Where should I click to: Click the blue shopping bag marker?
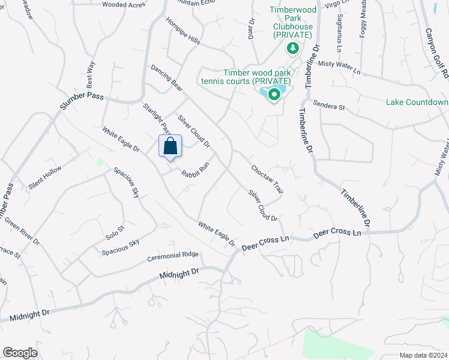coord(170,146)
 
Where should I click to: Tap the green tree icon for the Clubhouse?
coord(292,48)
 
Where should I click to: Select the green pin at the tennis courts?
coord(274,94)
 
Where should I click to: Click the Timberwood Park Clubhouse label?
coord(292,22)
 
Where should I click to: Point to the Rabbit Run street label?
coord(195,168)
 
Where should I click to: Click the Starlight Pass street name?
coord(157,119)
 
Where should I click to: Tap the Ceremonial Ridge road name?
coord(173,257)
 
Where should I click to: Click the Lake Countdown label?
coord(417,102)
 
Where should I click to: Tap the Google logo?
coord(20,353)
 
